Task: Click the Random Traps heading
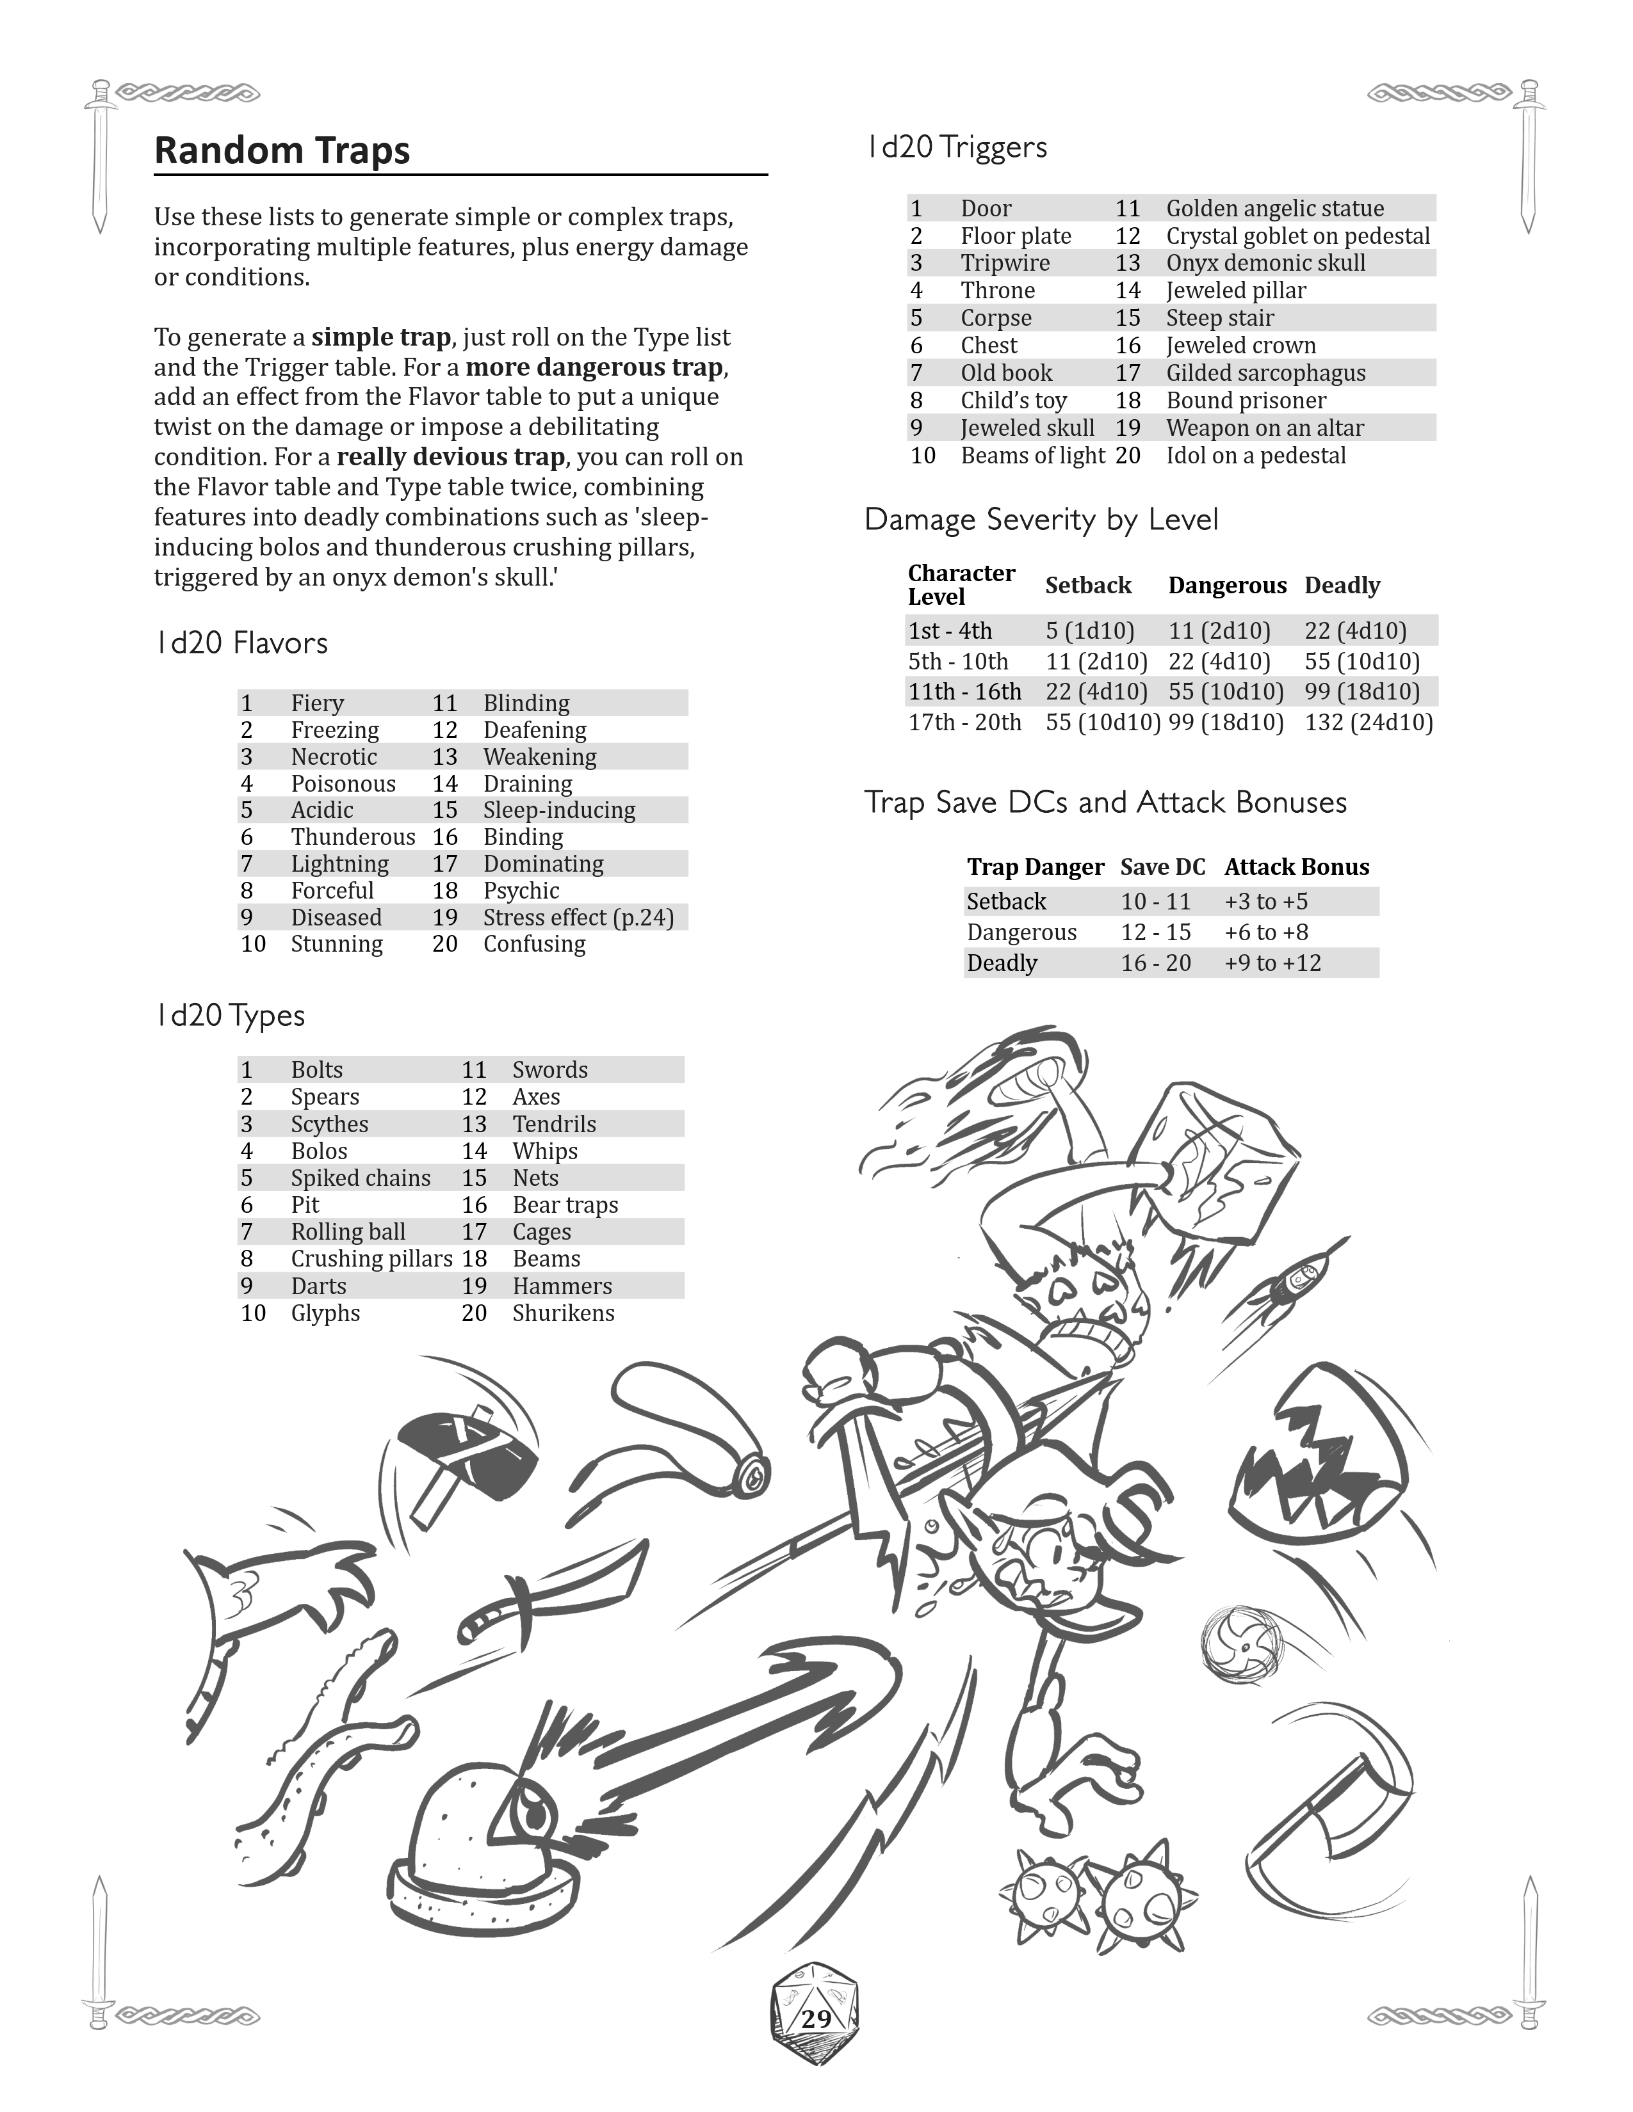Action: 282,151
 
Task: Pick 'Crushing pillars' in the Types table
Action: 371,1258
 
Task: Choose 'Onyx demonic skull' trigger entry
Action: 1265,263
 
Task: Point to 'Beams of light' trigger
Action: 1032,456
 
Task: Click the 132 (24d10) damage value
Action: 1368,723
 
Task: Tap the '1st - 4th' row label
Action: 950,630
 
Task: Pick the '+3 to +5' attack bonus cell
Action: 1265,901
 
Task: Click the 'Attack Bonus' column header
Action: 1296,867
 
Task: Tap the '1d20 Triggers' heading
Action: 956,147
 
